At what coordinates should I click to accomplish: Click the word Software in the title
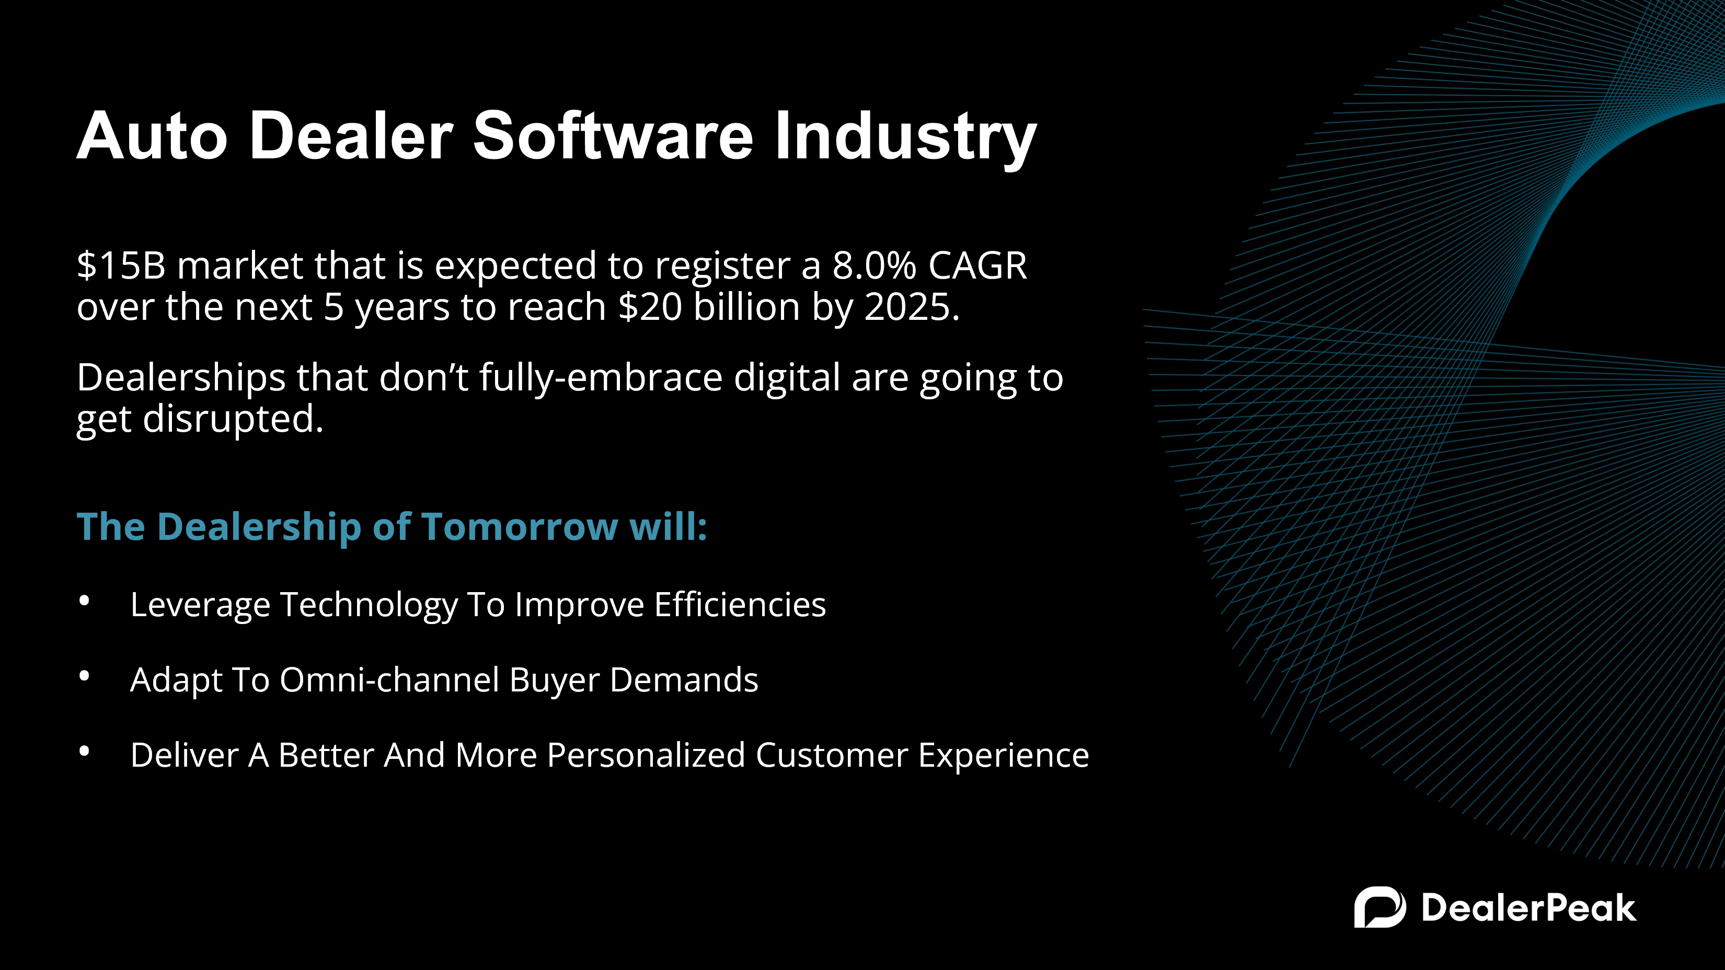613,136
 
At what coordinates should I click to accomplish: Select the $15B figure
121,265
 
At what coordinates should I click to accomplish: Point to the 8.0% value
875,265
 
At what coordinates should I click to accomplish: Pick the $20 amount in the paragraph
650,307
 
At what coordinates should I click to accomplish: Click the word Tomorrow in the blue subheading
520,526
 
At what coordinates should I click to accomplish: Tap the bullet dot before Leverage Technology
84,601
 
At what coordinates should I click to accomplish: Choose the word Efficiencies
740,605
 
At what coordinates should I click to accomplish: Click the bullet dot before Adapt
84,677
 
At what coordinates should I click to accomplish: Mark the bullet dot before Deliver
84,752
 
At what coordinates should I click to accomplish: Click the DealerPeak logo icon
1380,907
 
